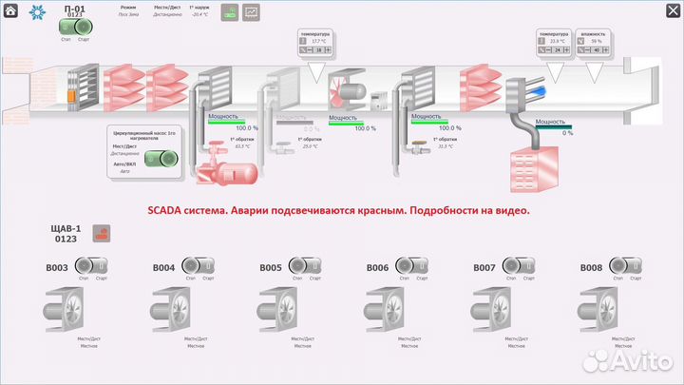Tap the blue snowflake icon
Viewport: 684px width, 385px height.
pyautogui.click(x=39, y=12)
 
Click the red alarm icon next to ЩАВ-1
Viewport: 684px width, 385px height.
pyautogui.click(x=103, y=233)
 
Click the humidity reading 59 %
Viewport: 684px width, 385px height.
pyautogui.click(x=596, y=42)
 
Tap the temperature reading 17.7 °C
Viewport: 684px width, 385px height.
pyautogui.click(x=318, y=42)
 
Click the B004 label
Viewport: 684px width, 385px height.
pyautogui.click(x=163, y=268)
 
